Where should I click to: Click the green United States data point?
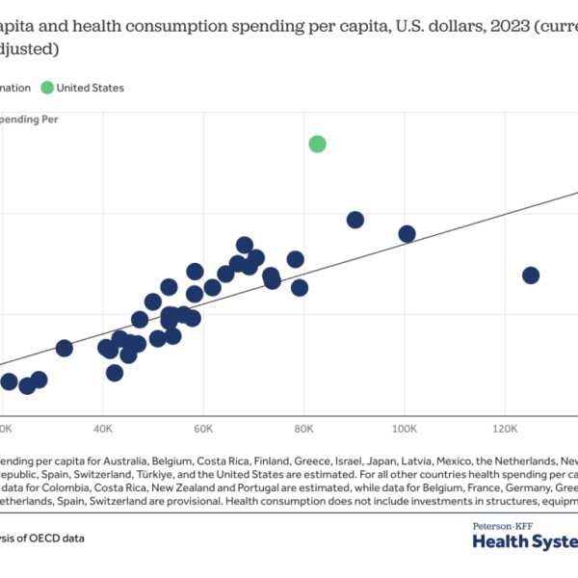coord(317,144)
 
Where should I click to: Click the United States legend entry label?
coord(91,88)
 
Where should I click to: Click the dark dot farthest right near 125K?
coord(530,276)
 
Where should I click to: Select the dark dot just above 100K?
coord(407,233)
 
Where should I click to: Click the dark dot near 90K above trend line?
coord(355,220)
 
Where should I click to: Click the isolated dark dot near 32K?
coord(65,348)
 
